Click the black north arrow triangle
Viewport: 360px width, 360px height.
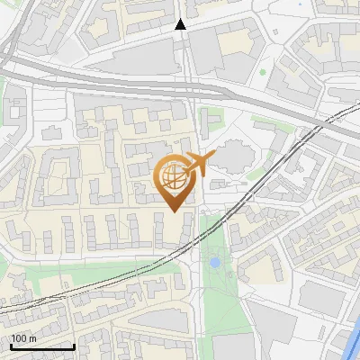tap(181, 25)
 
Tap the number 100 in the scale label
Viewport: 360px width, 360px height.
tap(18, 338)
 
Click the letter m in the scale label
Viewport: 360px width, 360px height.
tap(31, 338)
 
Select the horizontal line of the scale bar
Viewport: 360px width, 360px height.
tap(42, 346)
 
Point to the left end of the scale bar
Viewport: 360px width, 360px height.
tap(11, 346)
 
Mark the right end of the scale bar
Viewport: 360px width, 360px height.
tap(74, 346)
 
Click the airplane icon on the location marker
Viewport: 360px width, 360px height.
tap(196, 164)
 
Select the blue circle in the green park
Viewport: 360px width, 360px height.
tap(214, 263)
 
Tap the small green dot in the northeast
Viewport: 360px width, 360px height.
tap(262, 72)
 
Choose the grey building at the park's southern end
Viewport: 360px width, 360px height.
tap(233, 346)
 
